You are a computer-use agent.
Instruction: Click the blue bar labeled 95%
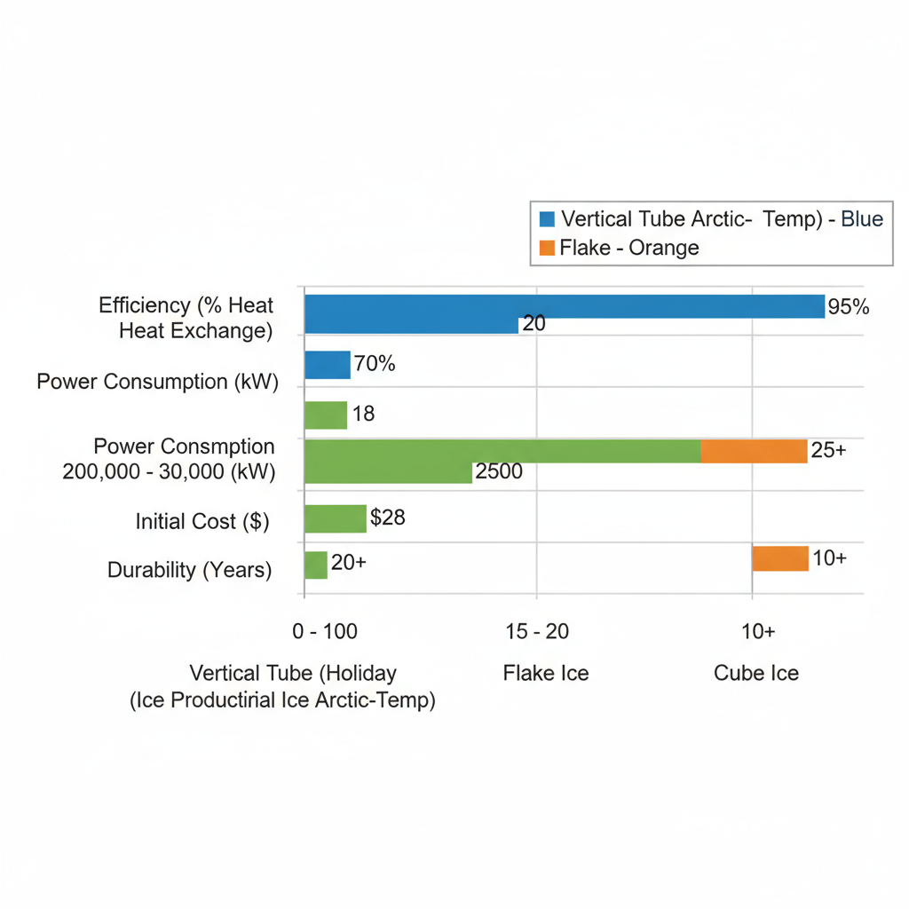565,307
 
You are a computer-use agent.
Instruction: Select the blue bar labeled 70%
327,365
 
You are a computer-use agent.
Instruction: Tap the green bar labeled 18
325,415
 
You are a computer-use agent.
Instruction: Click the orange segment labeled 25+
754,451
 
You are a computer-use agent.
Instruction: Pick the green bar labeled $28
335,518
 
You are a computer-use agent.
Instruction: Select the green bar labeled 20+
315,565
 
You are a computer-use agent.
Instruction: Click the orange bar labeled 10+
779,558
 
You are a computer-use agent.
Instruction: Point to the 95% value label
848,307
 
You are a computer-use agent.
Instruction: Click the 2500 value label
499,471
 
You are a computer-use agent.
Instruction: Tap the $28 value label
388,518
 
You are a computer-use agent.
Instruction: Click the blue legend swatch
547,219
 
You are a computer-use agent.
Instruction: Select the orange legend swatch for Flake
547,248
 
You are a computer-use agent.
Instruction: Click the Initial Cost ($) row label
202,521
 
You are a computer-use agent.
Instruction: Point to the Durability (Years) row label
190,569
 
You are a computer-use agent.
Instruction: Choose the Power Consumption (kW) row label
158,382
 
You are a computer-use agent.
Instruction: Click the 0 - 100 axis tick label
325,631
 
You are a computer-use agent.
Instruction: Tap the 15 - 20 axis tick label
537,631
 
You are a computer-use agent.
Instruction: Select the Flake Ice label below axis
546,673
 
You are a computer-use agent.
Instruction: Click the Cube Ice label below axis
756,673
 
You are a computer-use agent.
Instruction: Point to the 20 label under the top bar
534,324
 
